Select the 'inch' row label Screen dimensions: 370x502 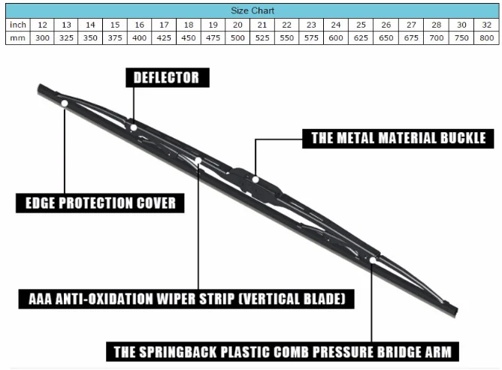pyautogui.click(x=17, y=25)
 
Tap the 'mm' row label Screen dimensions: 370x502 pyautogui.click(x=17, y=38)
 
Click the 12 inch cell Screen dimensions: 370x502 pyautogui.click(x=43, y=25)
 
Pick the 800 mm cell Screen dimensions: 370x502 pyautogui.click(x=485, y=38)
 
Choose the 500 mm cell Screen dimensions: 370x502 pyautogui.click(x=237, y=38)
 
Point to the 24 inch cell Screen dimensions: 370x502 pyautogui.click(x=336, y=25)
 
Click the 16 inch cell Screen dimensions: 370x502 pyautogui.click(x=140, y=25)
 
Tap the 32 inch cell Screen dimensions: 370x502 pyautogui.click(x=485, y=25)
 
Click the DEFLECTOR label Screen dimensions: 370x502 pyautogui.click(x=166, y=77)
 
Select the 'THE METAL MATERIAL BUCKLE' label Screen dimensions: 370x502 pyautogui.click(x=398, y=138)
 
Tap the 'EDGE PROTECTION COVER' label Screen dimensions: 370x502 pyautogui.click(x=100, y=203)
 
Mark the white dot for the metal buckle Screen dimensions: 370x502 pyautogui.click(x=256, y=179)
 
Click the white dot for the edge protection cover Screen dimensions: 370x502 pyautogui.click(x=65, y=103)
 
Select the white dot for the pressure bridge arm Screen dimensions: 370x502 pyautogui.click(x=373, y=260)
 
